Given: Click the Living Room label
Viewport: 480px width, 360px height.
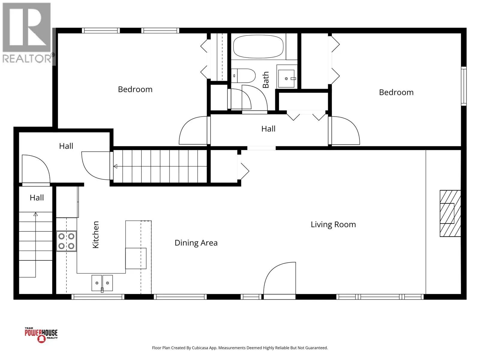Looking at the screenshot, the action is tap(333, 224).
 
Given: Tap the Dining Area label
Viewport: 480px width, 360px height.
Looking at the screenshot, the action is tap(196, 243).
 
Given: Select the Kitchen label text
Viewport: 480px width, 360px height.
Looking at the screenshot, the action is tap(96, 235).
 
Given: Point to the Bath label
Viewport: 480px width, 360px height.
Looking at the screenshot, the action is tap(265, 79).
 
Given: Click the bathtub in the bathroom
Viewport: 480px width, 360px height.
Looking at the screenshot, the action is tap(258, 46).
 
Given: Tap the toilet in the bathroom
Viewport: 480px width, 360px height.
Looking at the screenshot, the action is tap(243, 76).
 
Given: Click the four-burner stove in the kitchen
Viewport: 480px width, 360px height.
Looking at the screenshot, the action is tap(66, 241).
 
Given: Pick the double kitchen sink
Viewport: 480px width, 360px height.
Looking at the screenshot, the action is tap(102, 283).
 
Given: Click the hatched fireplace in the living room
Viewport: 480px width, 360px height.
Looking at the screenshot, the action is tap(450, 213).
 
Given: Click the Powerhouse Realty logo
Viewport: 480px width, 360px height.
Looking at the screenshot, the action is tap(41, 335).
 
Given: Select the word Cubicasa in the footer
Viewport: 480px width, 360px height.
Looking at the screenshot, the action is tap(200, 348).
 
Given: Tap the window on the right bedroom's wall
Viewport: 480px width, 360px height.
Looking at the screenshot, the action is tap(463, 86).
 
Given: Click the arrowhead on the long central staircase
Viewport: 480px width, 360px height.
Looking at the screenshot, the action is tap(115, 166).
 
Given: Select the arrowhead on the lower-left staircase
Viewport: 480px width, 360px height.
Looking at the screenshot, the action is tap(36, 214).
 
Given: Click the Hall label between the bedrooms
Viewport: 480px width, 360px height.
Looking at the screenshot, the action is tap(268, 129).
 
